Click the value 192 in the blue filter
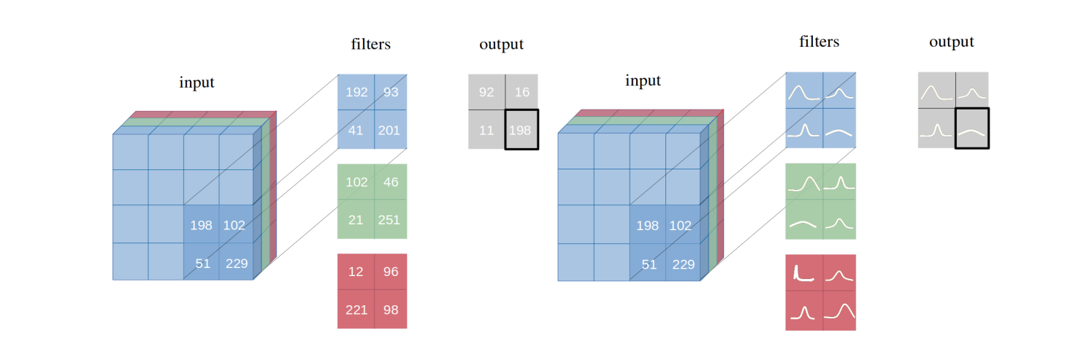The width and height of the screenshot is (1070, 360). click(x=356, y=93)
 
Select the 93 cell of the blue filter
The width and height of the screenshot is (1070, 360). click(x=390, y=93)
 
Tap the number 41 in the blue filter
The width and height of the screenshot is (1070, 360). click(x=356, y=130)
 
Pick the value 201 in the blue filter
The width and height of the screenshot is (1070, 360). click(x=389, y=130)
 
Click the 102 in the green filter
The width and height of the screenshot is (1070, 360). click(x=356, y=183)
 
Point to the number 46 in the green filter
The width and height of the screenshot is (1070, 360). click(x=390, y=183)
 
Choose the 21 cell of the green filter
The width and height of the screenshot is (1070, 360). click(x=356, y=220)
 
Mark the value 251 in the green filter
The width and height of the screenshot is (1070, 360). click(x=389, y=220)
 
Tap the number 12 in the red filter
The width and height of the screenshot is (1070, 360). click(x=356, y=272)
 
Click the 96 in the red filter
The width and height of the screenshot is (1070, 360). click(x=390, y=272)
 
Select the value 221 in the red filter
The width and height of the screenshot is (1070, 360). click(x=356, y=310)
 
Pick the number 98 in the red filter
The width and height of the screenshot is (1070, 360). click(x=390, y=310)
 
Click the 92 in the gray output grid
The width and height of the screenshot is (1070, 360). click(x=486, y=93)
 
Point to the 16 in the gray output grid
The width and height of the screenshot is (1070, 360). click(x=521, y=93)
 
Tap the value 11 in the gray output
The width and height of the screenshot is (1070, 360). click(x=486, y=130)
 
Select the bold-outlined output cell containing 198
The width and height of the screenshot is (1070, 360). click(x=521, y=130)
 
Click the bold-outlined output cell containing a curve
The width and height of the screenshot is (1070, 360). click(x=971, y=129)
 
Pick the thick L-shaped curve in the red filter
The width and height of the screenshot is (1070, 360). click(x=803, y=274)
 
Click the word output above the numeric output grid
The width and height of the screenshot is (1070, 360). click(x=501, y=45)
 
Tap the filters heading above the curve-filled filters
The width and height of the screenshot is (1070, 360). click(x=819, y=42)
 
